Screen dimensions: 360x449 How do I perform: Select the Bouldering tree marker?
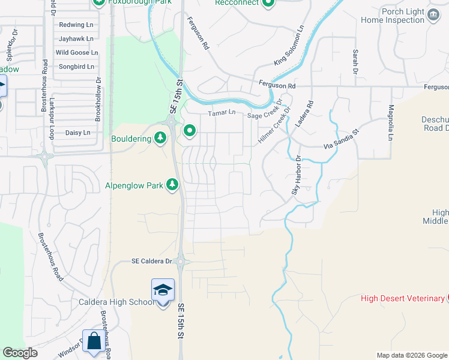coord(160,139)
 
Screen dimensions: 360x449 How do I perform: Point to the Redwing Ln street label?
coord(76,25)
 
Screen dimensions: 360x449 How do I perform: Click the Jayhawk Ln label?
coord(76,38)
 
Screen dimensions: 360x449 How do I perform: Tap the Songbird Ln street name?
coord(75,67)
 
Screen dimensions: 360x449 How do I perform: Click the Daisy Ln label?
coord(78,132)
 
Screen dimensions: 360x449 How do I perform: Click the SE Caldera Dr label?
coord(152,261)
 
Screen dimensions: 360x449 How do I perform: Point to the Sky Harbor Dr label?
coord(296,175)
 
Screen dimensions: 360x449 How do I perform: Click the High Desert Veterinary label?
coord(402,298)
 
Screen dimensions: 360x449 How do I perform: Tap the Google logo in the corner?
coord(20,353)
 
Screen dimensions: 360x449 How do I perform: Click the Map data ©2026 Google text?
coord(411,355)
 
